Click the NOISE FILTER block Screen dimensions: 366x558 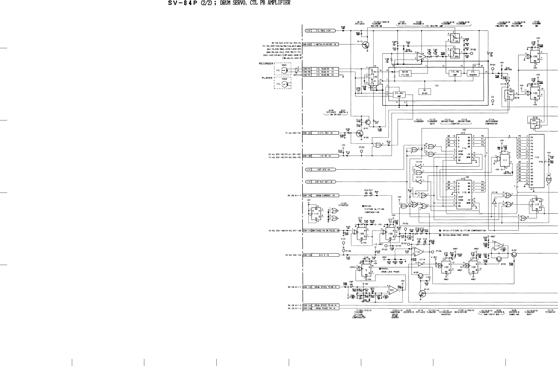pyautogui.click(x=405, y=73)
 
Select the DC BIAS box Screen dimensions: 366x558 pyautogui.click(x=424, y=92)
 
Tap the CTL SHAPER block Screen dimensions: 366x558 pyautogui.click(x=473, y=73)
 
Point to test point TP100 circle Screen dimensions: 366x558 pyautogui.click(x=471, y=53)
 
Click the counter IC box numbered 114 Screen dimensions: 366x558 pyautogui.click(x=464, y=148)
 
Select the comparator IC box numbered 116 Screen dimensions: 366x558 pyautogui.click(x=536, y=161)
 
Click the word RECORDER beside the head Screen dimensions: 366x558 pyautogui.click(x=266, y=64)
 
